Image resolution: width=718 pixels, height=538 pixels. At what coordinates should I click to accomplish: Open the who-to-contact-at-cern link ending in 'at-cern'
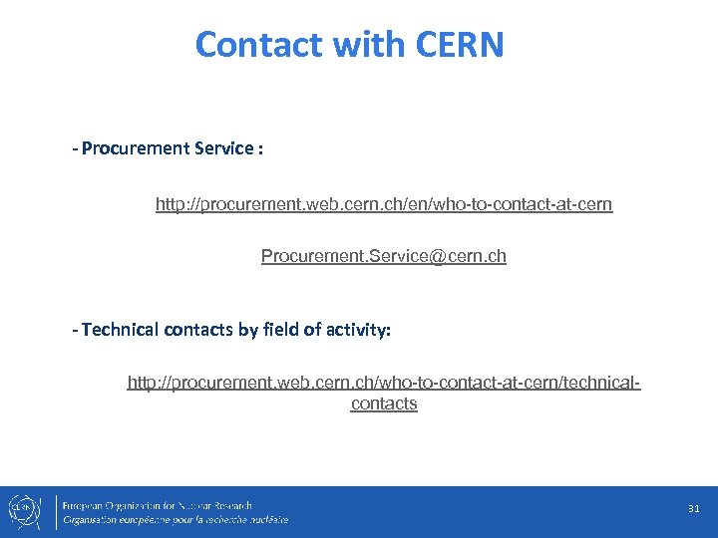click(384, 204)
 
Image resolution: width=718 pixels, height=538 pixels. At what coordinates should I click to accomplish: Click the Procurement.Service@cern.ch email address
click(384, 256)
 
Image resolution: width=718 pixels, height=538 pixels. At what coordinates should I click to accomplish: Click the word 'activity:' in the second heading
click(358, 330)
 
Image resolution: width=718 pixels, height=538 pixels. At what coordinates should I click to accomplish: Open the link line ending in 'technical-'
click(384, 383)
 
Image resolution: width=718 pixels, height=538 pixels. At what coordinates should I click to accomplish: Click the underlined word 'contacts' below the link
click(384, 403)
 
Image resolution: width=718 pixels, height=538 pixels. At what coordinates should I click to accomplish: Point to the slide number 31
click(694, 509)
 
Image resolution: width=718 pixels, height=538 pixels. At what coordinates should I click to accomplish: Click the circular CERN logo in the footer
click(24, 510)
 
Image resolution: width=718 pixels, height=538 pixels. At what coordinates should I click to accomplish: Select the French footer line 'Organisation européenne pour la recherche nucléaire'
click(176, 519)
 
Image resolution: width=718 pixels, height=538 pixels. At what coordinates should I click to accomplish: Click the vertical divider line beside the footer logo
click(55, 510)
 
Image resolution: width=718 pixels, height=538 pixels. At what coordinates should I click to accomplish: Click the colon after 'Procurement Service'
click(260, 148)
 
